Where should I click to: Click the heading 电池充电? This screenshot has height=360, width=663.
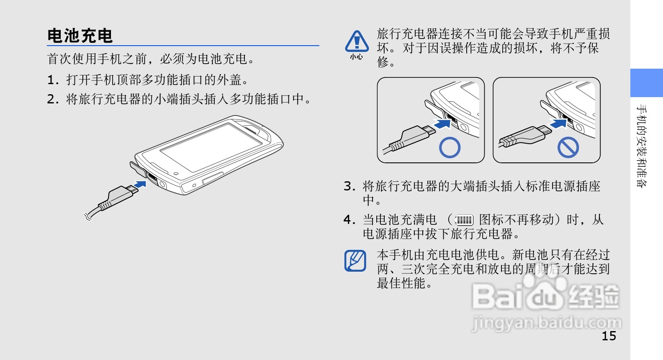pyautogui.click(x=80, y=36)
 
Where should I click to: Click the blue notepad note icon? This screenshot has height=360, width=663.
pyautogui.click(x=355, y=260)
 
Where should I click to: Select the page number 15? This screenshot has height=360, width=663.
pyautogui.click(x=609, y=336)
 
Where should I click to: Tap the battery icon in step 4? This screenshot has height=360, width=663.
pyautogui.click(x=465, y=220)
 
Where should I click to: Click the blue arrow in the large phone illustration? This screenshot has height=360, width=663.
pyautogui.click(x=140, y=185)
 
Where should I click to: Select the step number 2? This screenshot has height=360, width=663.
pyautogui.click(x=53, y=99)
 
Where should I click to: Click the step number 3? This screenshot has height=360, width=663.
pyautogui.click(x=349, y=186)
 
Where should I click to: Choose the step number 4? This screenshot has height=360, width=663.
pyautogui.click(x=349, y=220)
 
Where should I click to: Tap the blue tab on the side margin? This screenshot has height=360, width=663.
pyautogui.click(x=646, y=83)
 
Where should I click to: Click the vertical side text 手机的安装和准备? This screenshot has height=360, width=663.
pyautogui.click(x=642, y=146)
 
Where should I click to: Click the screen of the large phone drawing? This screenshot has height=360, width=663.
pyautogui.click(x=211, y=147)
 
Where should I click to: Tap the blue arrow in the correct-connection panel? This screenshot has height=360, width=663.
pyautogui.click(x=442, y=123)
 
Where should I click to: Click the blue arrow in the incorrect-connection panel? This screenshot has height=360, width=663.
pyautogui.click(x=558, y=123)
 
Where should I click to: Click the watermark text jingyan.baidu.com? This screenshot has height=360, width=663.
pyautogui.click(x=546, y=323)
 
